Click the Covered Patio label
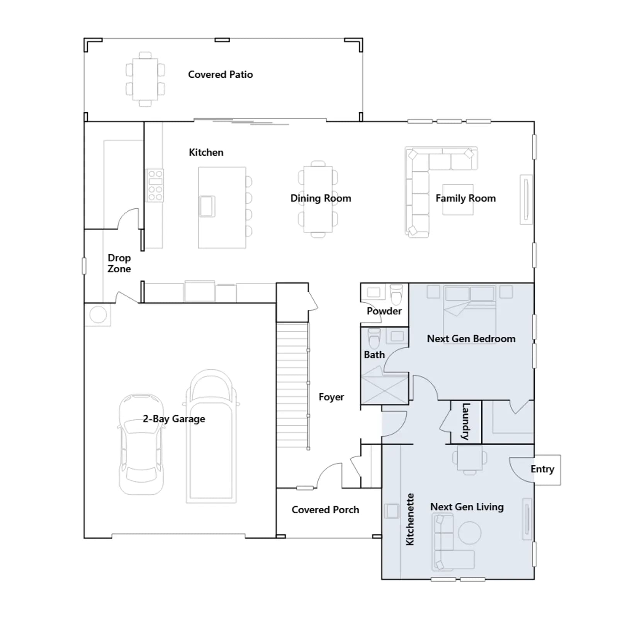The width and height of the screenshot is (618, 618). pyautogui.click(x=220, y=75)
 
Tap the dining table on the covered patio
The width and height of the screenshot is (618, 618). pyautogui.click(x=145, y=79)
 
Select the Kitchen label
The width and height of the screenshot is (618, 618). pyautogui.click(x=206, y=153)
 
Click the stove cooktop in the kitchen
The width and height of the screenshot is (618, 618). pyautogui.click(x=155, y=185)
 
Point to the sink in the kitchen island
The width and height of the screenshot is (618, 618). pyautogui.click(x=207, y=206)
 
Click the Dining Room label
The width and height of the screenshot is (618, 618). pyautogui.click(x=321, y=199)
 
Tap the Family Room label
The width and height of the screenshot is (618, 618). pyautogui.click(x=465, y=199)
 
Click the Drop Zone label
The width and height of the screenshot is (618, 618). pyautogui.click(x=119, y=263)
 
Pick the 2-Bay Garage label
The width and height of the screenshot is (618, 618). pyautogui.click(x=174, y=419)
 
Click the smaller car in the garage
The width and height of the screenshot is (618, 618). pyautogui.click(x=141, y=444)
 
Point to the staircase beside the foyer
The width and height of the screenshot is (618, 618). pyautogui.click(x=293, y=385)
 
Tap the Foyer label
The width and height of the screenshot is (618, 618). pyautogui.click(x=331, y=397)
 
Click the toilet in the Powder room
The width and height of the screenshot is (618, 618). pyautogui.click(x=396, y=294)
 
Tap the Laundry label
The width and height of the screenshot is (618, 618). pyautogui.click(x=466, y=421)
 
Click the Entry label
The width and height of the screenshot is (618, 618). pyautogui.click(x=542, y=469)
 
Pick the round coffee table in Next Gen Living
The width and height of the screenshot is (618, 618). pyautogui.click(x=470, y=533)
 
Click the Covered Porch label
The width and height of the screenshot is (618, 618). pyautogui.click(x=325, y=510)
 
